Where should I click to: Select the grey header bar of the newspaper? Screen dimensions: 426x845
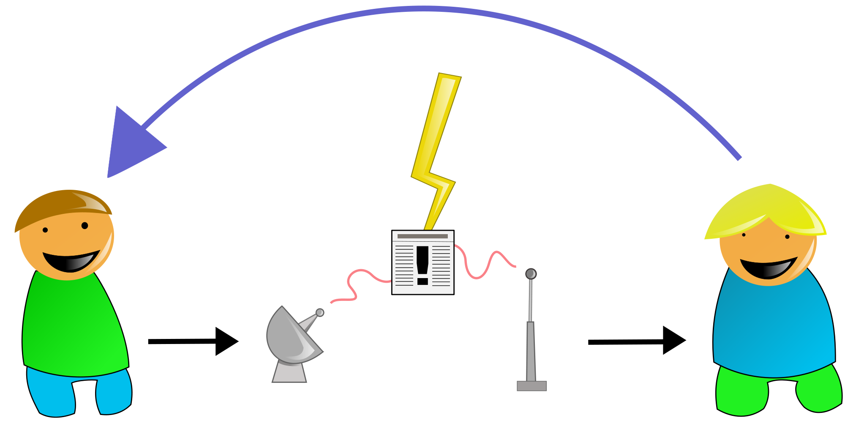422,236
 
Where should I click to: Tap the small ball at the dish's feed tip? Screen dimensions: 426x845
320,313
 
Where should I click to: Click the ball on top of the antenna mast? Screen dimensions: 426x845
531,274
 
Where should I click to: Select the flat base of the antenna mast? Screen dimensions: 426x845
532,386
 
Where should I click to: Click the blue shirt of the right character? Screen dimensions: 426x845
773,330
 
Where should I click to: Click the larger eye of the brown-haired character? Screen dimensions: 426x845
84,226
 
